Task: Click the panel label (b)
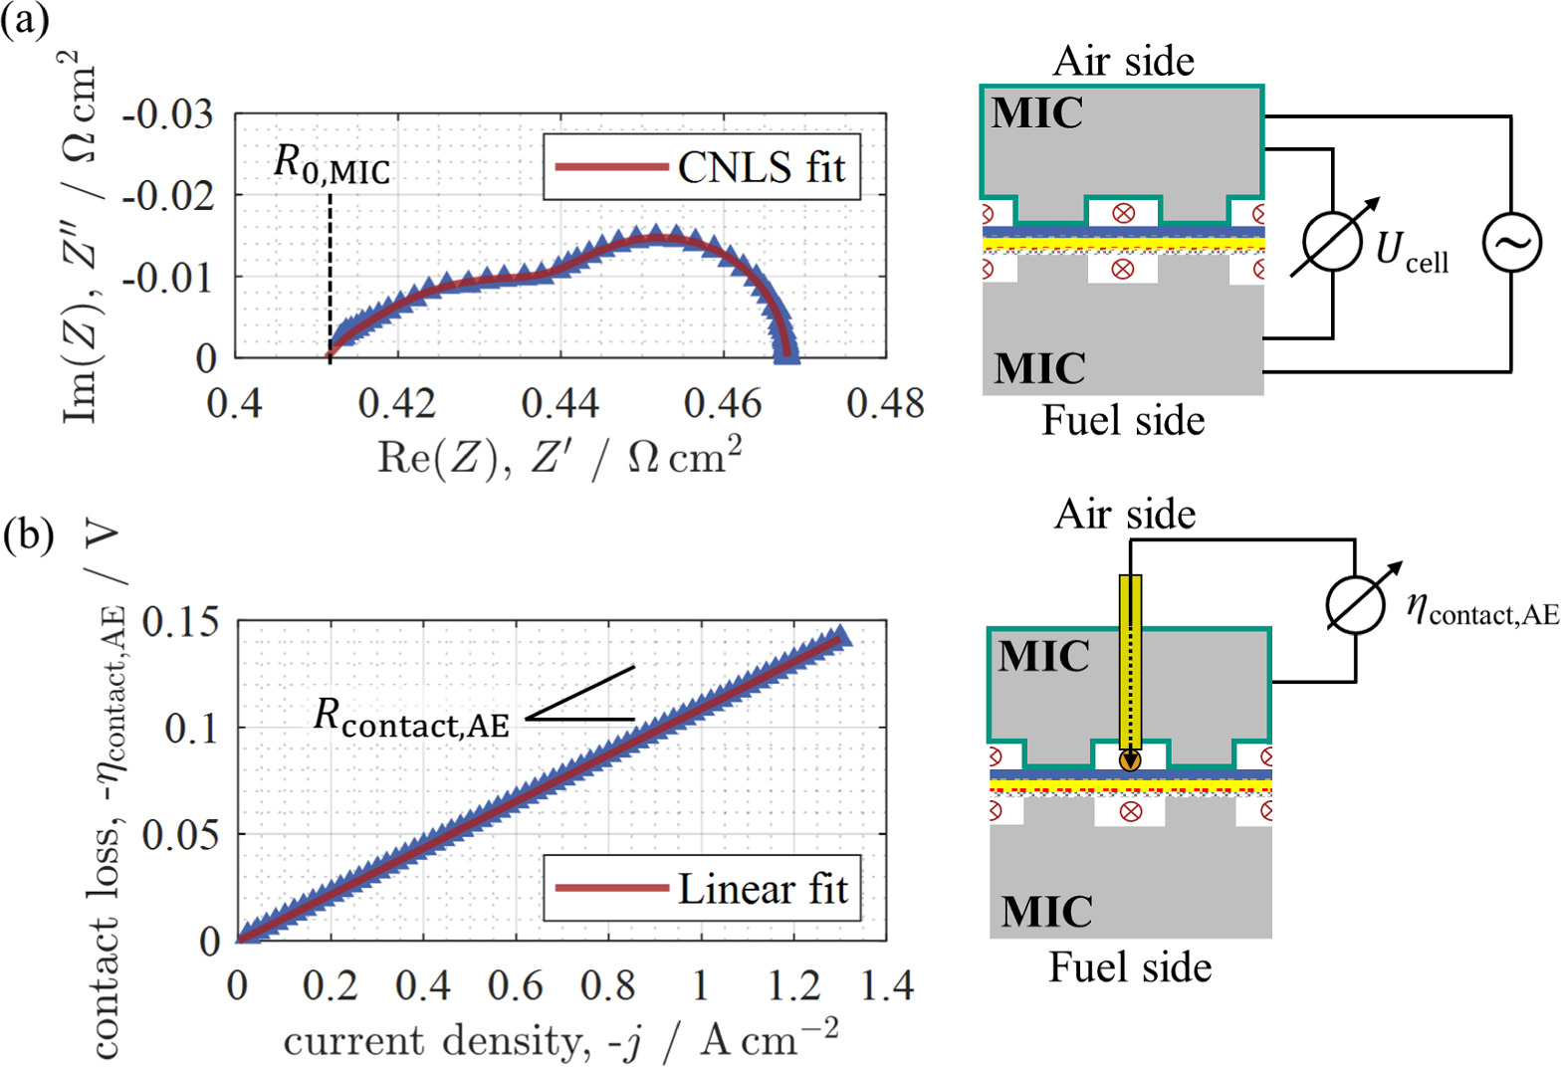click(x=27, y=536)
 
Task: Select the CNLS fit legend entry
click(x=701, y=166)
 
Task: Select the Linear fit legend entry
click(x=701, y=888)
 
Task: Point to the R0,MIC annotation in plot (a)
click(x=332, y=165)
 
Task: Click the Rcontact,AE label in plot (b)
click(x=411, y=718)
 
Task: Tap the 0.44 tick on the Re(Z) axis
click(x=559, y=403)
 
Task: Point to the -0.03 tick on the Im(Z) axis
click(x=167, y=114)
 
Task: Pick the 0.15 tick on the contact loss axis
click(x=180, y=623)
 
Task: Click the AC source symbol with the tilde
click(x=1511, y=242)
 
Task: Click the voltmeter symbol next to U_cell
click(x=1333, y=242)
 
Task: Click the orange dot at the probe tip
click(x=1129, y=760)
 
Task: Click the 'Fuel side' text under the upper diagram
click(x=1123, y=421)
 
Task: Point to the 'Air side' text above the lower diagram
click(x=1125, y=515)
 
